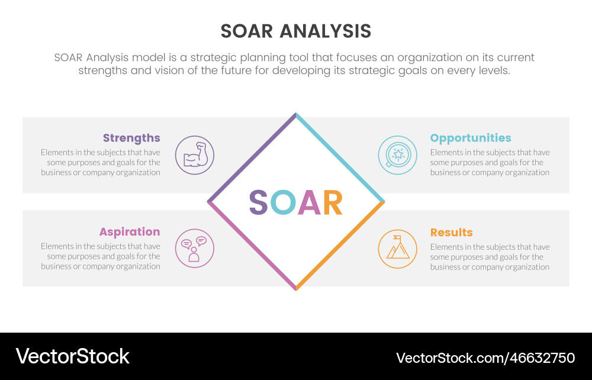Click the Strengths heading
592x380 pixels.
[131, 139]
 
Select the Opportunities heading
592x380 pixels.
[471, 139]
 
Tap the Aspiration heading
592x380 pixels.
[130, 232]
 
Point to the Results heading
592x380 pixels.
[451, 233]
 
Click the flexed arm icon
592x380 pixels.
[194, 155]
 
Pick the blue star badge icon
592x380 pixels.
[398, 155]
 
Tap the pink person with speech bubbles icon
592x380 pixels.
[194, 249]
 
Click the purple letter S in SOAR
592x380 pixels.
[258, 202]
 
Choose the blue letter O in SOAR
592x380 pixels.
[283, 202]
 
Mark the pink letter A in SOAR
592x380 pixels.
[309, 202]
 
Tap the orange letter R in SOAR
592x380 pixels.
[333, 202]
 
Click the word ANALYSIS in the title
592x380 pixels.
[326, 31]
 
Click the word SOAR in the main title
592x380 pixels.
[246, 31]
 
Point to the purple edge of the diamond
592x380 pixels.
[252, 157]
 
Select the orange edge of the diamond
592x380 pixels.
[340, 246]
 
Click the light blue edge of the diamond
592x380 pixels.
[340, 157]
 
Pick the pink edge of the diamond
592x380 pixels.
[252, 246]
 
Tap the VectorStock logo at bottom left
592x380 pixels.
[72, 356]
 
